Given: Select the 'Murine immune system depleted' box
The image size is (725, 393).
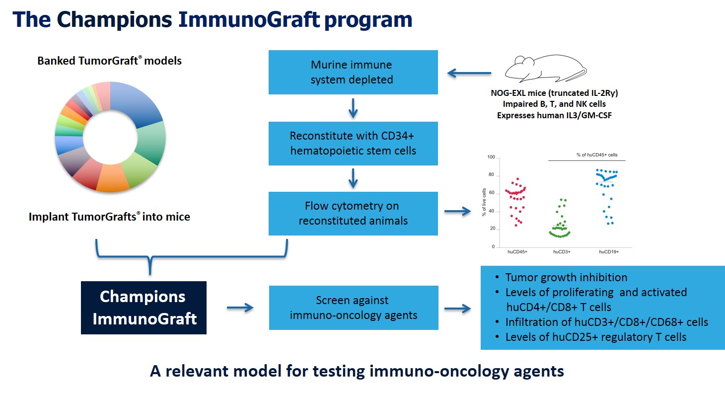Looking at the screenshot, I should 353,72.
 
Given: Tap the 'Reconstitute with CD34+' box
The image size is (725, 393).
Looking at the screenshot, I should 353,143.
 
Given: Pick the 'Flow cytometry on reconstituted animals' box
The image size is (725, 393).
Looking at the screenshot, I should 353,214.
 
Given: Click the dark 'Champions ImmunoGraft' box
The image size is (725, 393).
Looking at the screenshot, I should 144,308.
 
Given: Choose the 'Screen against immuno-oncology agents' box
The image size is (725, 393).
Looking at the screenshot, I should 353,308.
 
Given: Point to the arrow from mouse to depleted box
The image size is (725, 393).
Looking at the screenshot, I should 469,74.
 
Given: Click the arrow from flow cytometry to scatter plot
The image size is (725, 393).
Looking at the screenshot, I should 457,212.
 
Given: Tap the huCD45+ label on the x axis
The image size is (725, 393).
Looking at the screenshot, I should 517,252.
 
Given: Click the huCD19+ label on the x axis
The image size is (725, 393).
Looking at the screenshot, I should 608,252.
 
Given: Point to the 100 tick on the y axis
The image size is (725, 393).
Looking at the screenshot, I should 491,157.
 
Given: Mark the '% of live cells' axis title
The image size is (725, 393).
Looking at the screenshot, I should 484,202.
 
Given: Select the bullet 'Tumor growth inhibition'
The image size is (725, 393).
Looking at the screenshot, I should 566,278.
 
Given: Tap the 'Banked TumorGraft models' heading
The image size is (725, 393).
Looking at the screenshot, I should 110,61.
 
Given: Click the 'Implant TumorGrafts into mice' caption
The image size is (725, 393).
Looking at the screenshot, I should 109,217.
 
